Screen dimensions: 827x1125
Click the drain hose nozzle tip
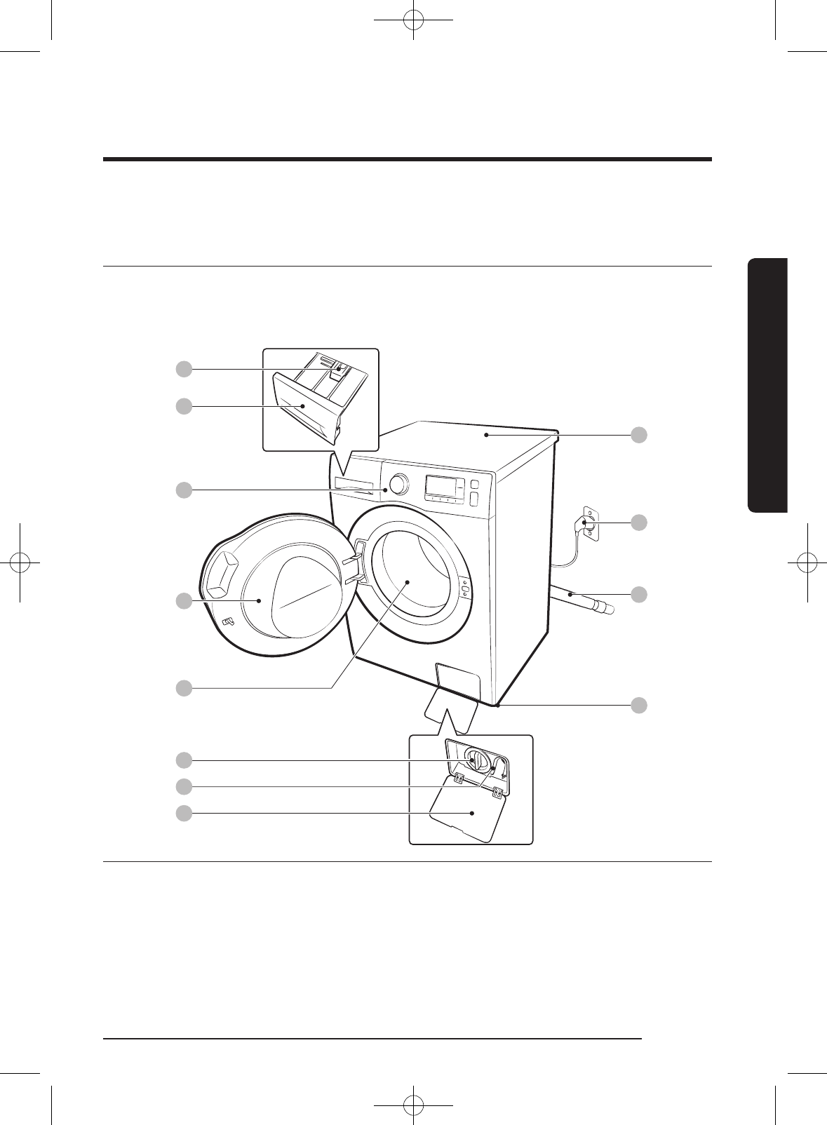pyautogui.click(x=607, y=609)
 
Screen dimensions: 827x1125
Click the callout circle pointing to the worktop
pyautogui.click(x=638, y=435)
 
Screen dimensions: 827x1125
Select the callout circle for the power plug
pyautogui.click(x=638, y=523)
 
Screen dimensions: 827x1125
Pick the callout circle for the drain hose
pyautogui.click(x=638, y=594)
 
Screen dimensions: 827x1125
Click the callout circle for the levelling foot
pyautogui.click(x=638, y=705)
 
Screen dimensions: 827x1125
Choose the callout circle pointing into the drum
pyautogui.click(x=184, y=688)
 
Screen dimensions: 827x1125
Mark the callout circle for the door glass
pyautogui.click(x=184, y=601)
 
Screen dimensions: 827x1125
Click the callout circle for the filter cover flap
pyautogui.click(x=184, y=814)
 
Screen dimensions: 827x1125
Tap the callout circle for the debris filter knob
pyautogui.click(x=184, y=760)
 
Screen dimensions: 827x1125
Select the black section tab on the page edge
pyautogui.click(x=768, y=386)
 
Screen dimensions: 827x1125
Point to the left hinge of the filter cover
pyautogui.click(x=458, y=778)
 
